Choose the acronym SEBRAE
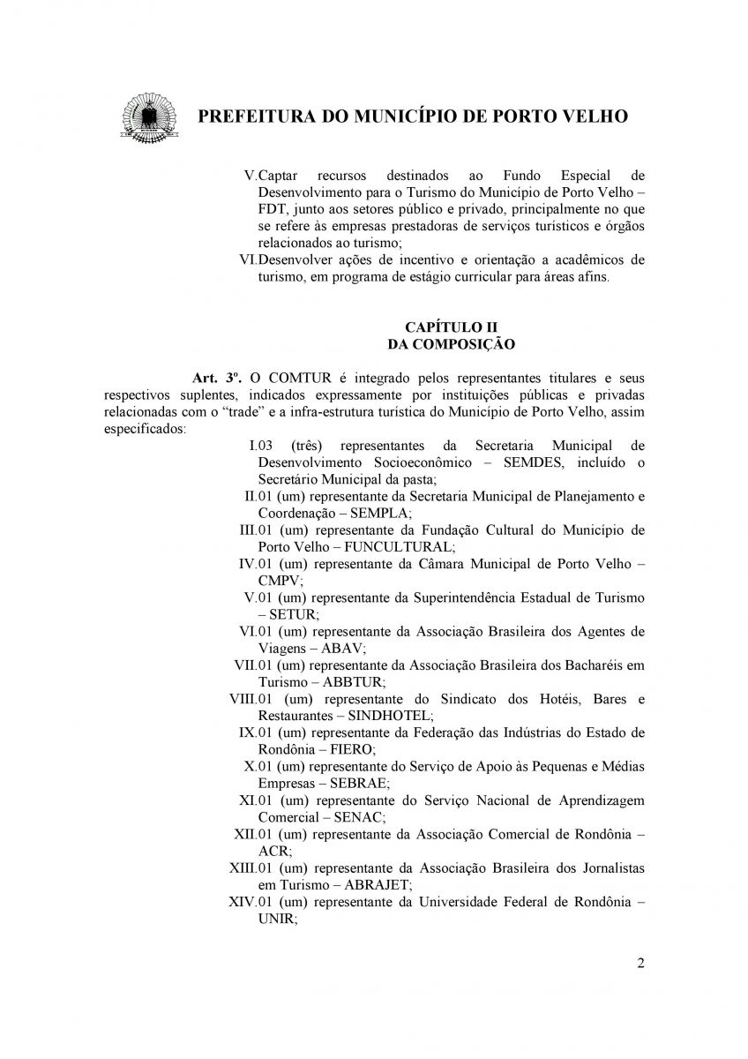coord(359,783)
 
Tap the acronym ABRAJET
coord(379,884)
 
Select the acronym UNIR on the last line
coord(275,918)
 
